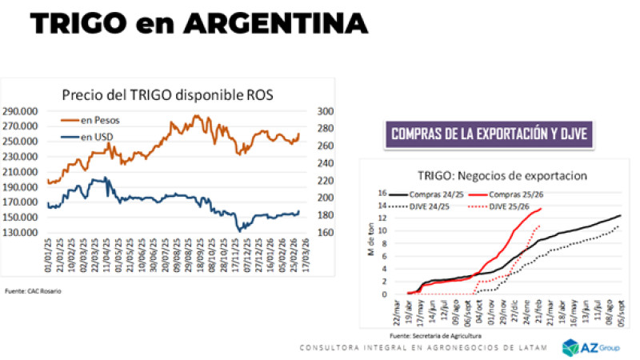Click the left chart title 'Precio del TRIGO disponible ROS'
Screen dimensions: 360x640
click(x=168, y=94)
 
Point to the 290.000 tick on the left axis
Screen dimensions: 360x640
click(x=25, y=111)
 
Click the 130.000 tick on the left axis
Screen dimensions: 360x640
click(x=25, y=232)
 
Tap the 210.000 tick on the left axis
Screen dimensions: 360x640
click(x=25, y=172)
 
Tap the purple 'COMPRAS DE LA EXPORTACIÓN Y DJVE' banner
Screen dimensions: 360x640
click(x=491, y=134)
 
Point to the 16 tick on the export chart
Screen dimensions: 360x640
click(x=382, y=193)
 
